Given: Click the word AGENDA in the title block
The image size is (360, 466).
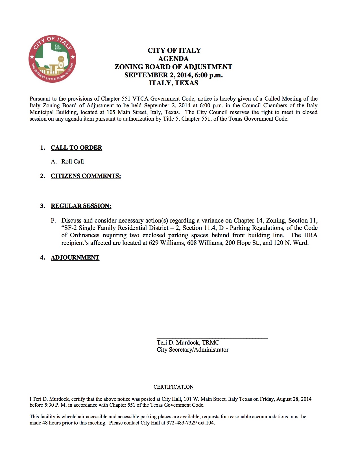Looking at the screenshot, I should point(173,58).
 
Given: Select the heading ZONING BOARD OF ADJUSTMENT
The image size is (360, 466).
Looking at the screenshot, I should point(173,67).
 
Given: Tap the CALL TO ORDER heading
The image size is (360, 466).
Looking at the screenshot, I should point(76,148).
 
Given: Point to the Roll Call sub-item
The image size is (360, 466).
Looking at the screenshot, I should point(73,162).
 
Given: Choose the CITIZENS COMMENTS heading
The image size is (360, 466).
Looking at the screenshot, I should point(86,176).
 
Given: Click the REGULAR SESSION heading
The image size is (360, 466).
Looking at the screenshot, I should point(81,206).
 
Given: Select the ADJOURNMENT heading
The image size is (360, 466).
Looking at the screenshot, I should point(75,258).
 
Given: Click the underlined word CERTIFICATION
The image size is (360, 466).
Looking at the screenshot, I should point(173,387).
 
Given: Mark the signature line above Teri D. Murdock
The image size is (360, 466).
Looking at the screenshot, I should point(212,337).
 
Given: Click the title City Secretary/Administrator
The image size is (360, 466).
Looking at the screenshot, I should point(193,350).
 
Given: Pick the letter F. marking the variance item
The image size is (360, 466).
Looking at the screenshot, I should point(53,221).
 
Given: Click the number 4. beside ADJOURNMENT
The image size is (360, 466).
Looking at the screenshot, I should point(43,258).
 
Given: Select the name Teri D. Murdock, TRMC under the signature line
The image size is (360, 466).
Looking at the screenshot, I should point(188,343).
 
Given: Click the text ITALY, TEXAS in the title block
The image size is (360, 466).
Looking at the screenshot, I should point(173,83).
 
